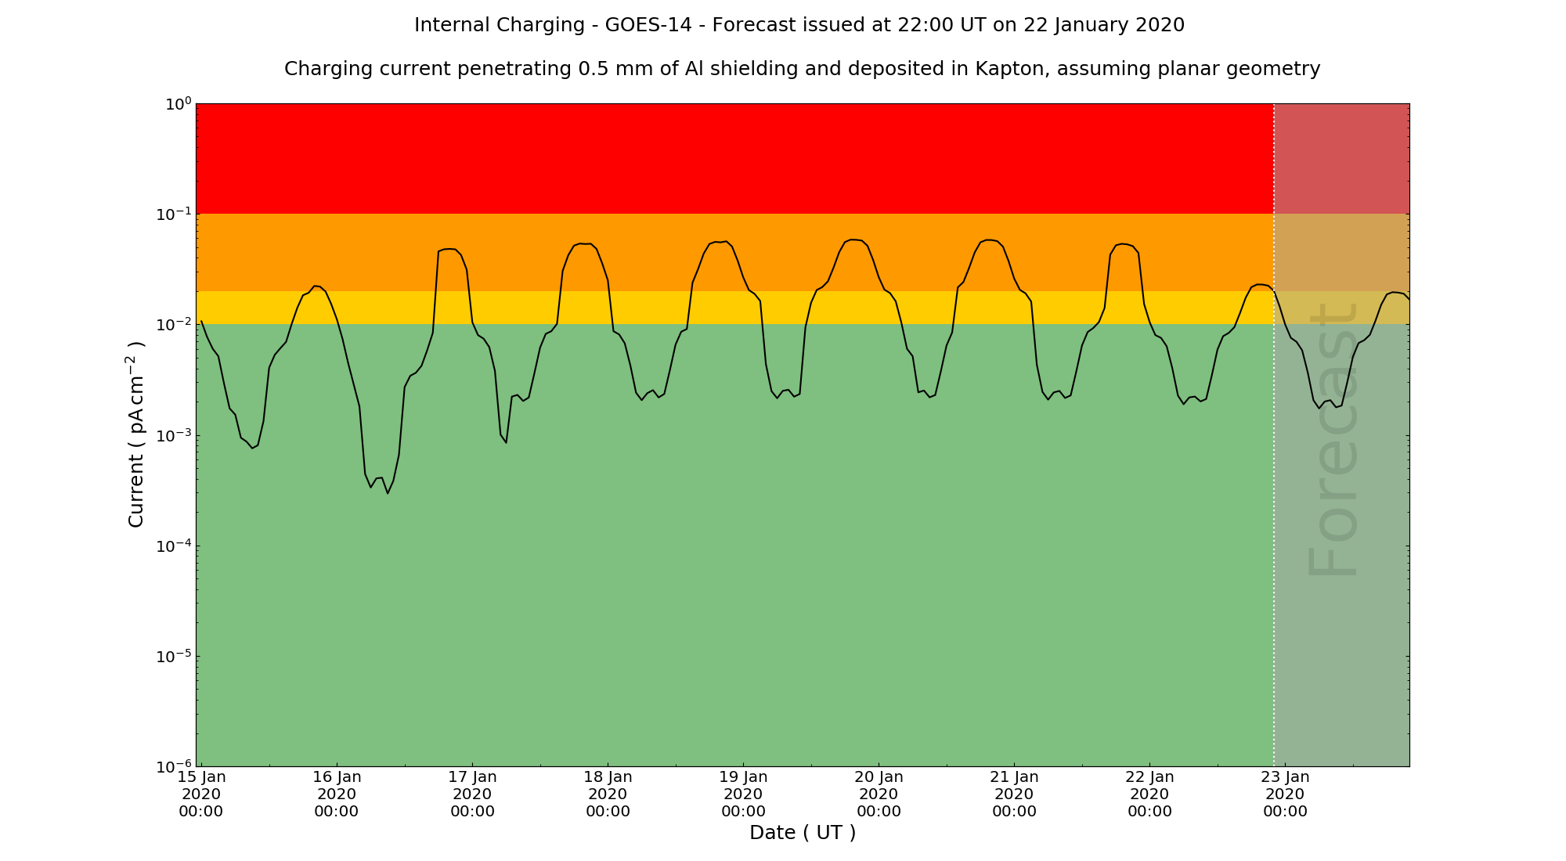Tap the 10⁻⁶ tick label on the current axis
[173, 766]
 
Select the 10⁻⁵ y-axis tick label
[173, 655]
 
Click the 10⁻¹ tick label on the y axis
[173, 214]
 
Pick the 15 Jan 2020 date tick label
[201, 794]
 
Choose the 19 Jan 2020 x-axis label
[743, 794]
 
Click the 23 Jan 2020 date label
[1285, 794]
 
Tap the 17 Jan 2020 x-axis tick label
[472, 794]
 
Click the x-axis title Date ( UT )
[803, 833]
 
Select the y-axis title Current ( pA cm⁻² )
[136, 434]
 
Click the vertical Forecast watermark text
[1331, 438]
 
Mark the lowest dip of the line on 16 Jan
[387, 492]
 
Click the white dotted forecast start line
[1274, 470]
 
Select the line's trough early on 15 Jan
[252, 448]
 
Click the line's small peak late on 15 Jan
[315, 286]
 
